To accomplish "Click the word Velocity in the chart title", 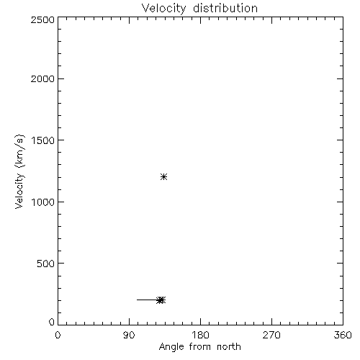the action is tap(164, 9).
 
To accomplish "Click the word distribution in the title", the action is tap(225, 8).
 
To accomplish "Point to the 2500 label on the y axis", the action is tap(42, 19).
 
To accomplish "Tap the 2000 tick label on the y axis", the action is tap(42, 78).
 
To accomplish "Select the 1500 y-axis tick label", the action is tap(43, 140).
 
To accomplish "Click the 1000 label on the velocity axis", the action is tap(43, 202).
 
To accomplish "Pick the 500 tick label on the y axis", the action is tap(46, 264).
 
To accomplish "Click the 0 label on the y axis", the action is tap(52, 322).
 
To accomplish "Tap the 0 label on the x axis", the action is tap(58, 335).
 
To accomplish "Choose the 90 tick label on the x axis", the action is tap(129, 335).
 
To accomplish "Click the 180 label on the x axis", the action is tap(200, 335).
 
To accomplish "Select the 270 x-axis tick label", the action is tap(271, 335).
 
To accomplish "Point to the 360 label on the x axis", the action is tap(343, 335).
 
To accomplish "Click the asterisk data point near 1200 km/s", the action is tap(163, 177).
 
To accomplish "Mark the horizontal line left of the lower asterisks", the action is tap(147, 300).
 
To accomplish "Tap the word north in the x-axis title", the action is tap(229, 347).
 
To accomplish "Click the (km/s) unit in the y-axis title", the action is tap(20, 150).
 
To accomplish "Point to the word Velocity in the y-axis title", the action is tap(19, 191).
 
